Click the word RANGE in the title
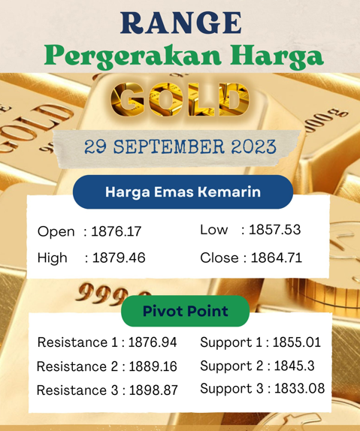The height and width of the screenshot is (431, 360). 180,23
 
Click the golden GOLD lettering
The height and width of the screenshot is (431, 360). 180,101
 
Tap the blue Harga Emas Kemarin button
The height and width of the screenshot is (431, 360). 183,192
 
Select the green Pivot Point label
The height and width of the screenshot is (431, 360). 185,311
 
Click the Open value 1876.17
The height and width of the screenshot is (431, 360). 116,232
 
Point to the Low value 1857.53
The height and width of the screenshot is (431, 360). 275,230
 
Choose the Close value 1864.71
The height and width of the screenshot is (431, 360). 276,258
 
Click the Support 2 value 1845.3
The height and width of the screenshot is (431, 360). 289,366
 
